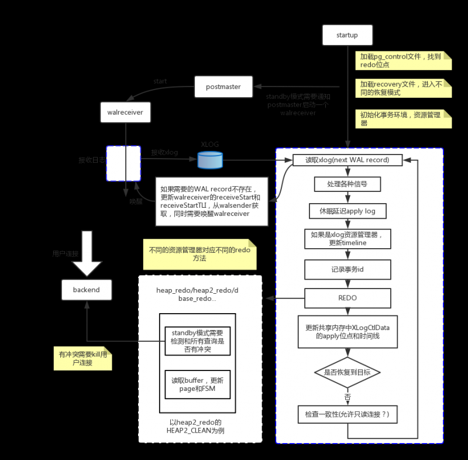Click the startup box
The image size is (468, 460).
pos(347,35)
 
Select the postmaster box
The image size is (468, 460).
pos(223,87)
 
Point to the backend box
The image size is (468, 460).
pos(87,290)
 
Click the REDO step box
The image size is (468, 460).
pos(347,298)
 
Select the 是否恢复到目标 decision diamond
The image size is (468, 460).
pos(347,372)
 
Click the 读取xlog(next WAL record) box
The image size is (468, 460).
pos(347,160)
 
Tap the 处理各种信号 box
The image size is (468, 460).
pos(347,184)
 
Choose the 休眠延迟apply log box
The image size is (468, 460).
pos(347,211)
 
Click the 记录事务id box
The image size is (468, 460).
pos(347,269)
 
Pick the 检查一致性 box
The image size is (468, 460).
pos(347,415)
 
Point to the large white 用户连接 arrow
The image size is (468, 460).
pos(87,252)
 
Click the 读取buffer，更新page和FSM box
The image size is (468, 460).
pos(197,385)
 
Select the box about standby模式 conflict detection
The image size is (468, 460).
pos(197,341)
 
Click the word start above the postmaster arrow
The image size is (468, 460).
pos(160,81)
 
